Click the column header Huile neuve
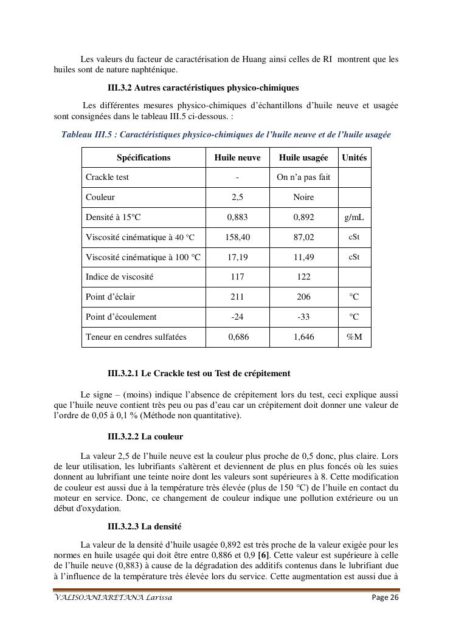pyautogui.click(x=237, y=157)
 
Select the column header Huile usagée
pyautogui.click(x=303, y=157)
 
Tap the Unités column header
pyautogui.click(x=354, y=157)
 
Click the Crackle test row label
pyautogui.click(x=107, y=177)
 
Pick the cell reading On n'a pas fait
pyautogui.click(x=303, y=177)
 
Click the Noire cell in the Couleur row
pyautogui.click(x=303, y=198)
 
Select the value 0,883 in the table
pyautogui.click(x=237, y=217)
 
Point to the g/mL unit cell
pyautogui.click(x=354, y=217)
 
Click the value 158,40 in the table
pyautogui.click(x=237, y=237)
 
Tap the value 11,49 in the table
pyautogui.click(x=303, y=257)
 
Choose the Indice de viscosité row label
pyautogui.click(x=119, y=277)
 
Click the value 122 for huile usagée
pyautogui.click(x=303, y=277)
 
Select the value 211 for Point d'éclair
pyautogui.click(x=237, y=297)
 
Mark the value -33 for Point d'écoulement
pyautogui.click(x=303, y=317)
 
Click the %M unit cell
pyautogui.click(x=354, y=337)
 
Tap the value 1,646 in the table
pyautogui.click(x=303, y=337)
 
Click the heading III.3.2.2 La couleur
pyautogui.click(x=145, y=436)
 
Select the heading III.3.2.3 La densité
pyautogui.click(x=144, y=526)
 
